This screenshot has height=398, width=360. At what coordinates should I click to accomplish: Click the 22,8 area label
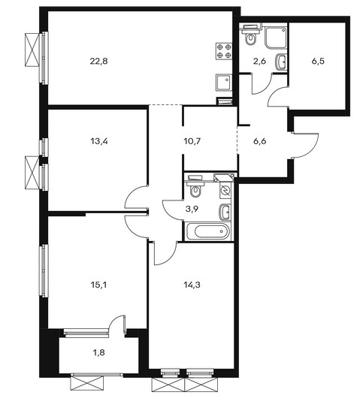[x=98, y=61]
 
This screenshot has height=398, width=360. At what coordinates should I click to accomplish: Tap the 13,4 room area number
[x=98, y=141]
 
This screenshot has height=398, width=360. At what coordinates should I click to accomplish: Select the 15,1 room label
[x=98, y=285]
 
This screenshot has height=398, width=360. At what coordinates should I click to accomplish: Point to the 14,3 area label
[x=192, y=285]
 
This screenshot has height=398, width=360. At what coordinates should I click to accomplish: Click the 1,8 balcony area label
[x=99, y=352]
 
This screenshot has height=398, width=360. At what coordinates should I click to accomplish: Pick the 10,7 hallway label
[x=192, y=141]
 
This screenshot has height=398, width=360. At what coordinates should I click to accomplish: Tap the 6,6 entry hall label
[x=259, y=141]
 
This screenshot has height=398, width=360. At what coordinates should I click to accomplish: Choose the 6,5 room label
[x=318, y=61]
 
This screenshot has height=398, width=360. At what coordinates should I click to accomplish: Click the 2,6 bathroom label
[x=259, y=61]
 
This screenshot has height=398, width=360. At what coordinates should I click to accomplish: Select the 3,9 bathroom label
[x=192, y=209]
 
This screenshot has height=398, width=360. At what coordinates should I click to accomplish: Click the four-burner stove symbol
[x=224, y=51]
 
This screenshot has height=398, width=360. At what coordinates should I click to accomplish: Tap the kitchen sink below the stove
[x=224, y=83]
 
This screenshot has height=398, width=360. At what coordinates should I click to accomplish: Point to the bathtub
[x=208, y=231]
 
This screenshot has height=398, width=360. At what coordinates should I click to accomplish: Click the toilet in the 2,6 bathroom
[x=251, y=35]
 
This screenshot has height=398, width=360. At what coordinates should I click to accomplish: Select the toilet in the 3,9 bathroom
[x=195, y=187]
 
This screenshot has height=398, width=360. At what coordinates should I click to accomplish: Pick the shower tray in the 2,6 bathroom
[x=276, y=38]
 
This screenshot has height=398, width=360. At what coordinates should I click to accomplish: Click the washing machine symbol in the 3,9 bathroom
[x=225, y=190]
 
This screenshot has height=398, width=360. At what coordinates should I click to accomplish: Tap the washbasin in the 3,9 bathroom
[x=225, y=212]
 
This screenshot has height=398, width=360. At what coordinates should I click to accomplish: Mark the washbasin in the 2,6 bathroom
[x=281, y=61]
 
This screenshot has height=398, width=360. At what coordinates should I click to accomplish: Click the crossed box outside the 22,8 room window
[x=32, y=50]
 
